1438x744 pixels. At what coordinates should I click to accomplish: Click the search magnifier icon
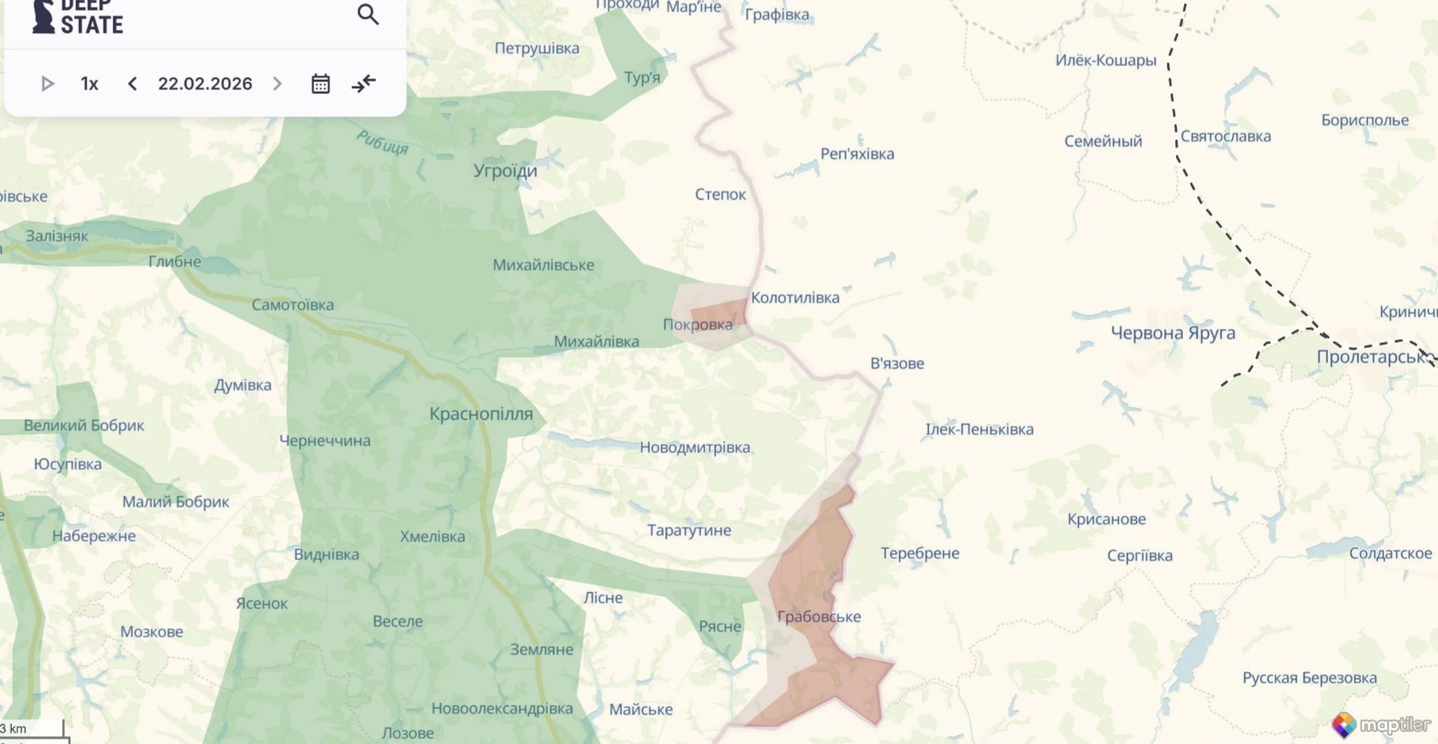tap(368, 14)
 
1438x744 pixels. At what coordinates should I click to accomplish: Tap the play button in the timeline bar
tap(47, 83)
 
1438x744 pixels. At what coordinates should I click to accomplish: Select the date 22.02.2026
tap(204, 83)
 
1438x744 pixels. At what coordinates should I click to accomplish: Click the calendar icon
tap(321, 83)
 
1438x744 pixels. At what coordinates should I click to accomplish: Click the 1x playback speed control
tap(89, 83)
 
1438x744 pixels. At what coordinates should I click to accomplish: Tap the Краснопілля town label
tap(481, 414)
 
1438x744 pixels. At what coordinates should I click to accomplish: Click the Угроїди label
tap(505, 171)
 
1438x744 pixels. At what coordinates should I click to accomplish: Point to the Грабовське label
tap(819, 617)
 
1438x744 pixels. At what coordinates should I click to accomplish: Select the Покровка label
tap(697, 324)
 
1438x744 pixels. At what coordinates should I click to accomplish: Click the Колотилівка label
tap(795, 297)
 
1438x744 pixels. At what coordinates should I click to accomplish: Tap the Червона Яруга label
tap(1172, 333)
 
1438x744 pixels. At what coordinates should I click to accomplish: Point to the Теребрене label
tap(920, 553)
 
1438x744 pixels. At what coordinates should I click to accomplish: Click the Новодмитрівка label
tap(694, 447)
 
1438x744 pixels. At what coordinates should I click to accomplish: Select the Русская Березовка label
tap(1309, 677)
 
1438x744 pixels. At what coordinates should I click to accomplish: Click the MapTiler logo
tap(1381, 725)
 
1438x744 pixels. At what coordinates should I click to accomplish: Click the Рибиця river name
tap(382, 142)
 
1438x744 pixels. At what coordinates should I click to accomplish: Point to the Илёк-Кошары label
tap(1105, 60)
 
